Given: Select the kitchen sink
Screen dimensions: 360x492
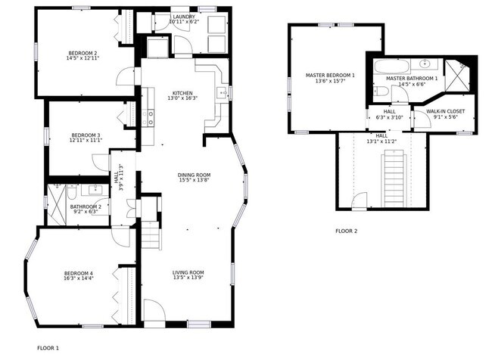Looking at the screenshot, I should click(x=223, y=93).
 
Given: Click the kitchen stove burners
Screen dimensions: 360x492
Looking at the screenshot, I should click(x=150, y=117).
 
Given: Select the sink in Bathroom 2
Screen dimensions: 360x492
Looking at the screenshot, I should click(x=97, y=189).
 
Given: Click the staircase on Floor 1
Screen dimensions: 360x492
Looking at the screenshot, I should click(x=151, y=236).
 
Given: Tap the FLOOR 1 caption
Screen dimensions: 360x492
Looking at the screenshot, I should click(x=47, y=347).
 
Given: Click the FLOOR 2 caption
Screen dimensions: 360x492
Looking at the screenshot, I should click(x=346, y=231).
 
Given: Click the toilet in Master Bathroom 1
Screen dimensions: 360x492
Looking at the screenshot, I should click(x=382, y=93).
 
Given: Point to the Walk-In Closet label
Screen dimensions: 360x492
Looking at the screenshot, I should click(x=445, y=111).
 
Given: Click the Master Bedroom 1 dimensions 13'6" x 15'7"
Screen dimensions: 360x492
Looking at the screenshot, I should click(x=330, y=82).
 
